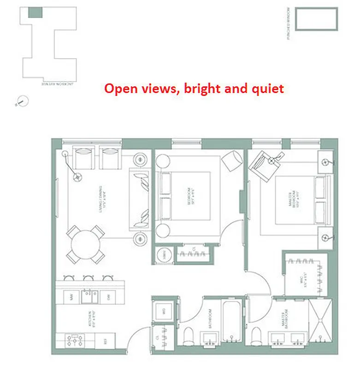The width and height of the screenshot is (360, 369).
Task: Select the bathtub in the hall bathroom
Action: pyautogui.click(x=232, y=324)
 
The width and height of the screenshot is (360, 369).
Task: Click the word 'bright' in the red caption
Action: pyautogui.click(x=200, y=88)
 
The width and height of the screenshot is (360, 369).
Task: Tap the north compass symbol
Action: pyautogui.click(x=22, y=100)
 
